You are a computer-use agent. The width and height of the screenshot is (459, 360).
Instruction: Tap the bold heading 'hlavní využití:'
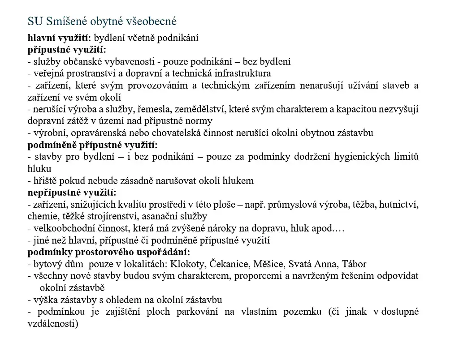(x=60, y=39)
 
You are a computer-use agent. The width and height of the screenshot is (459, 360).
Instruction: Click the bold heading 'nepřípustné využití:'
(x=72, y=193)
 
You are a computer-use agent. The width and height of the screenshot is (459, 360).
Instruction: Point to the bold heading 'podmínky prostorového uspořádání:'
(x=109, y=252)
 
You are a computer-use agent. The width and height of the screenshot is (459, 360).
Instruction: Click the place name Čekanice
(x=229, y=264)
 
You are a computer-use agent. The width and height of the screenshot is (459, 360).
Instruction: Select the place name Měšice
(x=270, y=264)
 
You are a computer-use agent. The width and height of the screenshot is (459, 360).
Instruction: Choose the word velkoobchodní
(x=61, y=228)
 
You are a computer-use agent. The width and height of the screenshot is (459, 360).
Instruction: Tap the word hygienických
(x=367, y=157)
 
